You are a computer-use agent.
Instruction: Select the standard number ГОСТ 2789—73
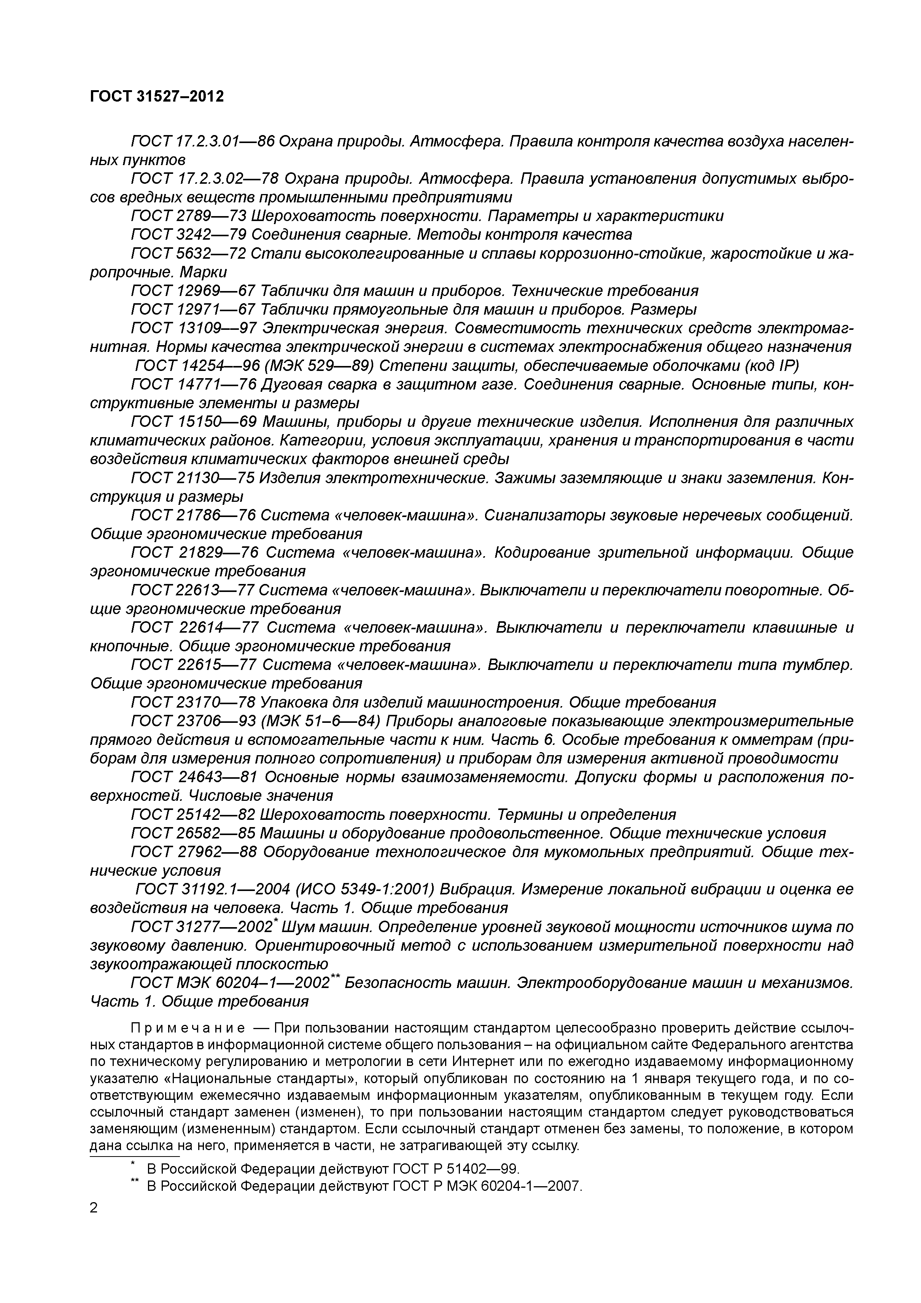(189, 216)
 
